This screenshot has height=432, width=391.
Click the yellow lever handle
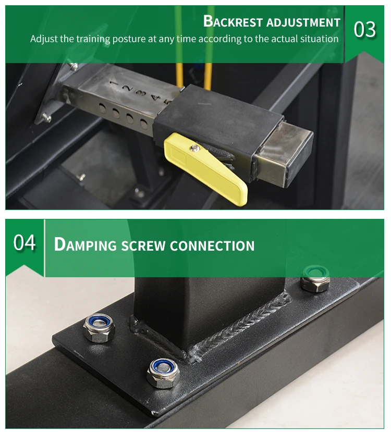(205, 169)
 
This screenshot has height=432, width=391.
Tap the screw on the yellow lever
(195, 148)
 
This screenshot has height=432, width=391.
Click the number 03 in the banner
(364, 30)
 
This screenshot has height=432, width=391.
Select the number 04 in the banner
(25, 242)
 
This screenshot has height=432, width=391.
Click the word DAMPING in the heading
(85, 244)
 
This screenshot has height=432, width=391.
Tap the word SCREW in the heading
(143, 246)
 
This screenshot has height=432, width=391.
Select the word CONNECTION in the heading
(212, 246)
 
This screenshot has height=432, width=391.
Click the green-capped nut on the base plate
(315, 279)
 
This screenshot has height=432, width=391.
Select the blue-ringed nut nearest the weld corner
(163, 373)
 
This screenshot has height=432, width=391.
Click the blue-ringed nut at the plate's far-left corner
(99, 328)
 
